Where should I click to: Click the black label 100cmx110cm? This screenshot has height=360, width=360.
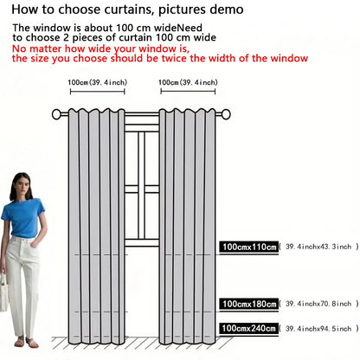[x=249, y=247]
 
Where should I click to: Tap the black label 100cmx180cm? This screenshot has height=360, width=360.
[x=249, y=304]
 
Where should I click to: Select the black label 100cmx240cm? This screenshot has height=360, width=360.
[x=249, y=328]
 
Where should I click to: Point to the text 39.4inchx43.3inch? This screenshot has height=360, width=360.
[x=318, y=247]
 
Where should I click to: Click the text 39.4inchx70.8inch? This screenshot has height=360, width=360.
[x=318, y=304]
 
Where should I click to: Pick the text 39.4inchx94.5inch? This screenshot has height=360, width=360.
[x=318, y=328]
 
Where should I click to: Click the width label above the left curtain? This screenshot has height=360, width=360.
[x=98, y=82]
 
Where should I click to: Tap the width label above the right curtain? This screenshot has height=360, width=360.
[x=188, y=82]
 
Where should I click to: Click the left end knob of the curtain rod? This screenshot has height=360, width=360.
[x=56, y=114]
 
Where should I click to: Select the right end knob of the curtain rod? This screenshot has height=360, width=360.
[x=226, y=114]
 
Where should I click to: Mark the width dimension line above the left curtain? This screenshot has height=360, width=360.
[x=98, y=92]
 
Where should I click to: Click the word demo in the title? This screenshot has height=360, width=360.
[x=227, y=10]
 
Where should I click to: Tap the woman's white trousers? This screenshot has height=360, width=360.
[x=21, y=286]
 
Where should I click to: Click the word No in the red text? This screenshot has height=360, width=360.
[x=19, y=48]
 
